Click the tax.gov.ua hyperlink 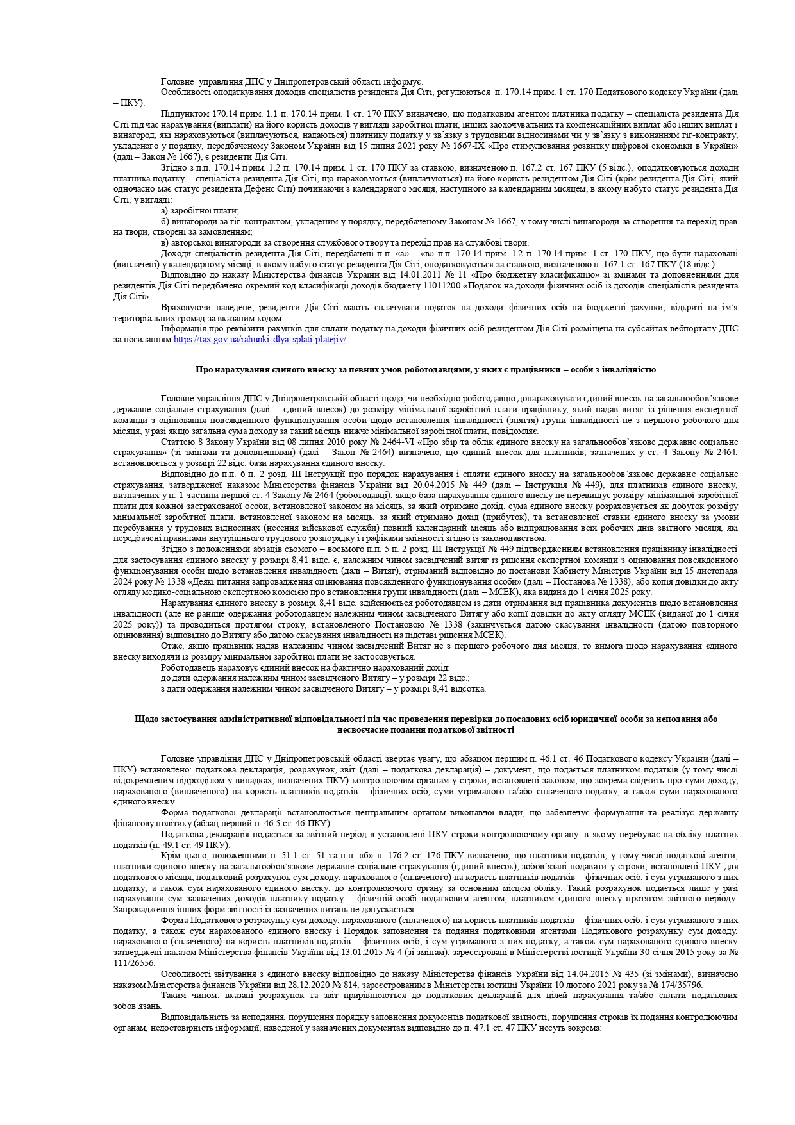click(x=260, y=340)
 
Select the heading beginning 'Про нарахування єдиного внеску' click(x=425, y=370)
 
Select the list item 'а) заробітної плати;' click(x=199, y=210)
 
